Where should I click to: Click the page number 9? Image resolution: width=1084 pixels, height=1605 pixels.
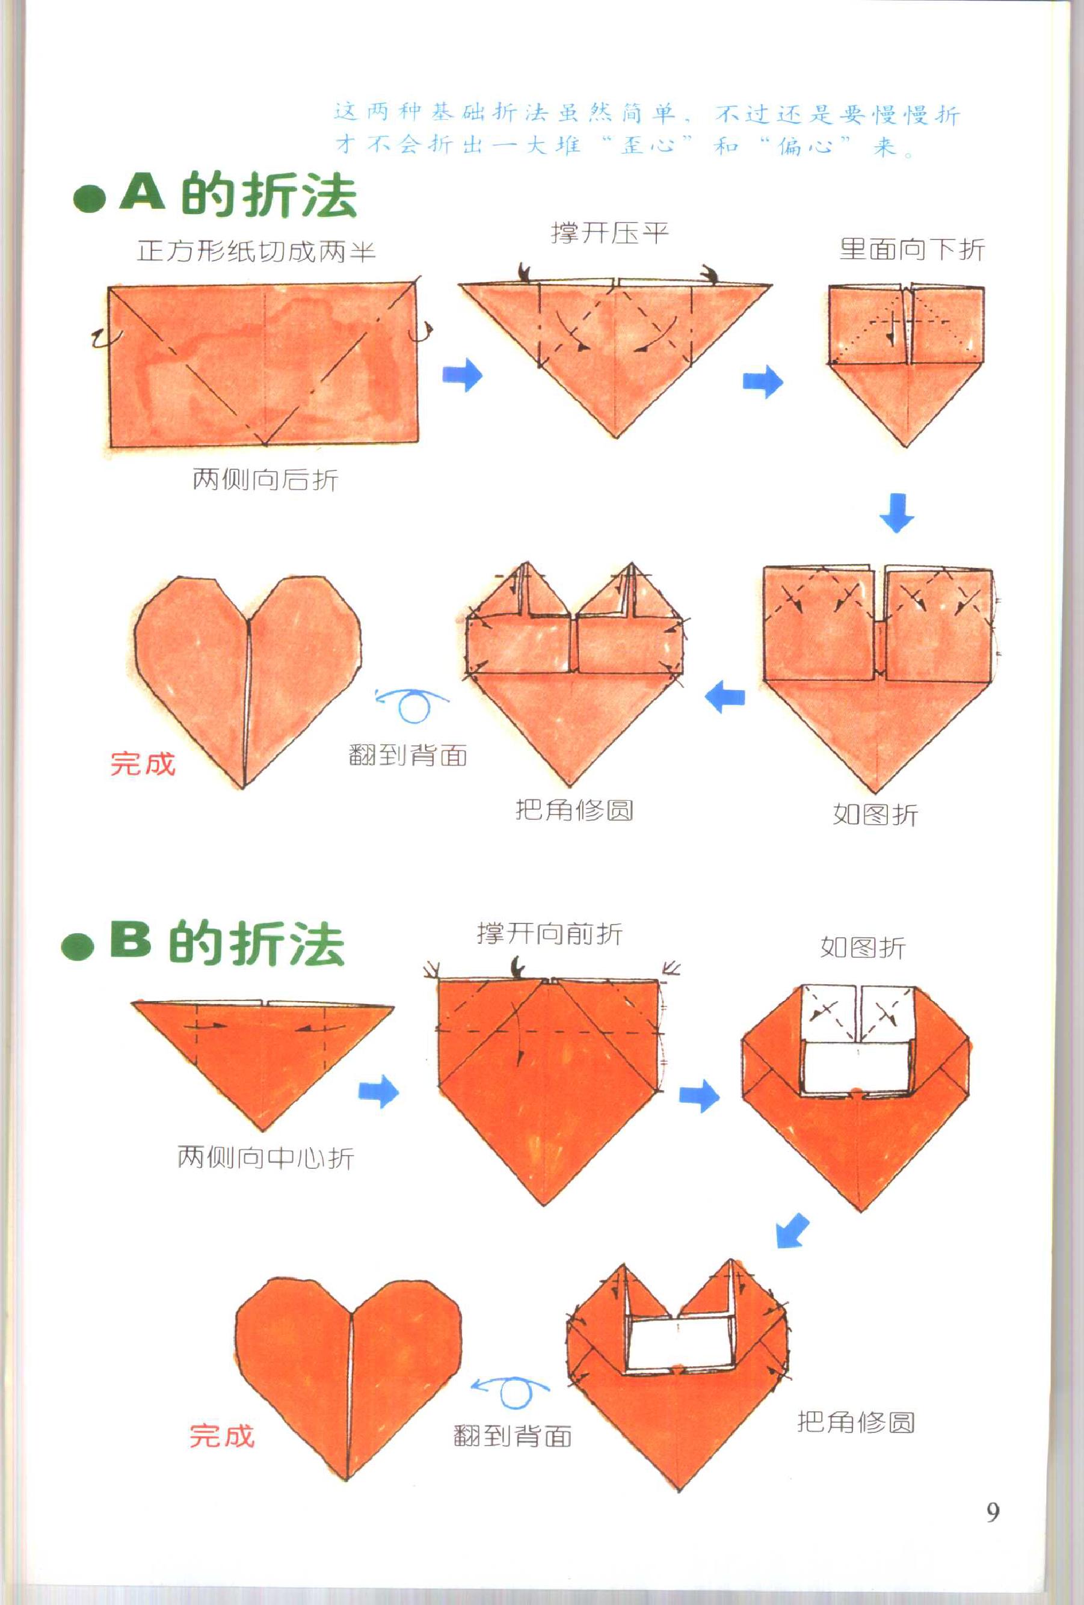coord(992,1512)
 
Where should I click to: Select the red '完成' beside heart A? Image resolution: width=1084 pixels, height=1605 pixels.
coord(143,763)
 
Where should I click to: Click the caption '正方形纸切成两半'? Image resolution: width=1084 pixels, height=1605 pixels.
coord(256,251)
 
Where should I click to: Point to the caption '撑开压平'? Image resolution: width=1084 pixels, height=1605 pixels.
coord(609,233)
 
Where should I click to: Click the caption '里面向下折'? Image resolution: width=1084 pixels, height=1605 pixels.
coord(911,249)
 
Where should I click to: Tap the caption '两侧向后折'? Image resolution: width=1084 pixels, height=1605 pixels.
coord(265,479)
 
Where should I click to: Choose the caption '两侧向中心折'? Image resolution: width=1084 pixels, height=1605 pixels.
coord(265,1157)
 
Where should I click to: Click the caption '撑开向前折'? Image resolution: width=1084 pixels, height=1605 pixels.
coord(550,934)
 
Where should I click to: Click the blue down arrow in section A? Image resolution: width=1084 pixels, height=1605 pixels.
coord(896,513)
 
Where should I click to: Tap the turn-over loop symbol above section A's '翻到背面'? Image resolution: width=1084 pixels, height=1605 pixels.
coord(413,704)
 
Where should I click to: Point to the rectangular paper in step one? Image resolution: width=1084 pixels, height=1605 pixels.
coord(263,364)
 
